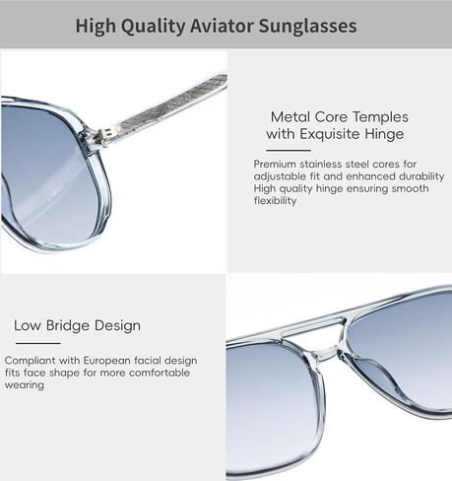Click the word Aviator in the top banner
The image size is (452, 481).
click(222, 26)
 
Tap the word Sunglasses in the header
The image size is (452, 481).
click(307, 26)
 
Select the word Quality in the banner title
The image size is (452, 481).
click(153, 27)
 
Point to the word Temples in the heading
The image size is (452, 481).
click(380, 117)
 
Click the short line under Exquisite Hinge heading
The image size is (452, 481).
click(289, 151)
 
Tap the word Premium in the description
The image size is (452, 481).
click(275, 164)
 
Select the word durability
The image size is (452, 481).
click(421, 176)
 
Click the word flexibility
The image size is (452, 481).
click(275, 201)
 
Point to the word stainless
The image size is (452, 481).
click(320, 164)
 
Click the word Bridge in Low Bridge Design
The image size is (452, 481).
click(67, 325)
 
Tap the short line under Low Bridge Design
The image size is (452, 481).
click(38, 344)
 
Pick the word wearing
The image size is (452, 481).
click(25, 385)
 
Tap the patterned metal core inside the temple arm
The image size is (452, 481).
click(170, 106)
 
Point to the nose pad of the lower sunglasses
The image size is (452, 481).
click(371, 375)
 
